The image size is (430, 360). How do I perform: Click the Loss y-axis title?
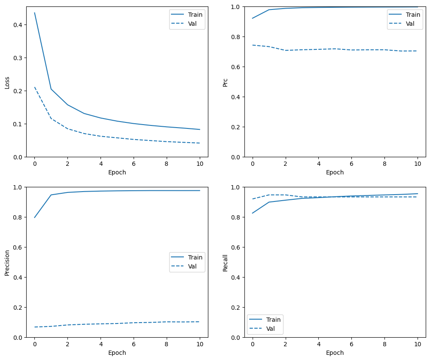(x=7, y=82)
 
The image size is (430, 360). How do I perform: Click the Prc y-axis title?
(x=225, y=82)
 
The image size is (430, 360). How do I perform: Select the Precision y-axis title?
(x=7, y=262)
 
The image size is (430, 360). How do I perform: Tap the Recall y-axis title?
(x=225, y=262)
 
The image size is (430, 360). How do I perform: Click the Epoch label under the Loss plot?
(x=117, y=172)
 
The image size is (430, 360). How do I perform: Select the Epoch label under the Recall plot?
(x=335, y=353)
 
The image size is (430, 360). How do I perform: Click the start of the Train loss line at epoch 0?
(x=34, y=13)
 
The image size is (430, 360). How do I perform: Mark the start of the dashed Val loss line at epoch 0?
(x=34, y=87)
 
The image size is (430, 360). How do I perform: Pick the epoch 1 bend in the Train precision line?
(x=51, y=195)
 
